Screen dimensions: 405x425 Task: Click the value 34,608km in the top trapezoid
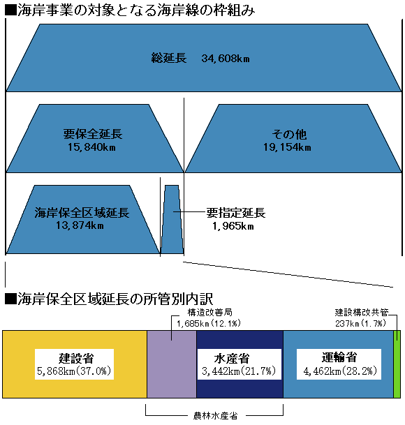[x=226, y=59]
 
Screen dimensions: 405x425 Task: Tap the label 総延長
[x=169, y=58]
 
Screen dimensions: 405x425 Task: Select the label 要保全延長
[x=93, y=134]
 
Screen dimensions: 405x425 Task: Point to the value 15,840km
[x=91, y=147]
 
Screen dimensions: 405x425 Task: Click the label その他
[x=289, y=135]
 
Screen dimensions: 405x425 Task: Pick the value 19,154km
[x=287, y=147]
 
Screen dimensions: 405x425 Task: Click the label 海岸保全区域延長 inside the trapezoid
[x=82, y=213]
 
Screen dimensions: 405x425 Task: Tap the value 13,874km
[x=80, y=225]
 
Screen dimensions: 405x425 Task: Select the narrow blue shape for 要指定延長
[x=172, y=220]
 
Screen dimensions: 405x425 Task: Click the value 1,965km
[x=233, y=226]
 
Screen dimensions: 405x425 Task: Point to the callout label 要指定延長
[x=236, y=213]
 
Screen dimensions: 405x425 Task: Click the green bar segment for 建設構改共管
[x=397, y=364]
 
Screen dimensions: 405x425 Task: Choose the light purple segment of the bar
[x=172, y=364]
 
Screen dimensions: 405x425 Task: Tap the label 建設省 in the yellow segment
[x=76, y=358]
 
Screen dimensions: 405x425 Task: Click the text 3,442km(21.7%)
[x=239, y=371]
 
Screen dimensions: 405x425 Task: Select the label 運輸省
[x=339, y=357]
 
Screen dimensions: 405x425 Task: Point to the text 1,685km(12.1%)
[x=209, y=323]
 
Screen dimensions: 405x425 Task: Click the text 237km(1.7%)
[x=360, y=323]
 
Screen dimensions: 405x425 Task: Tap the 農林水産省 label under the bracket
[x=215, y=416]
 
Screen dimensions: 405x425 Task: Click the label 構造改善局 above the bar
[x=210, y=313]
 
